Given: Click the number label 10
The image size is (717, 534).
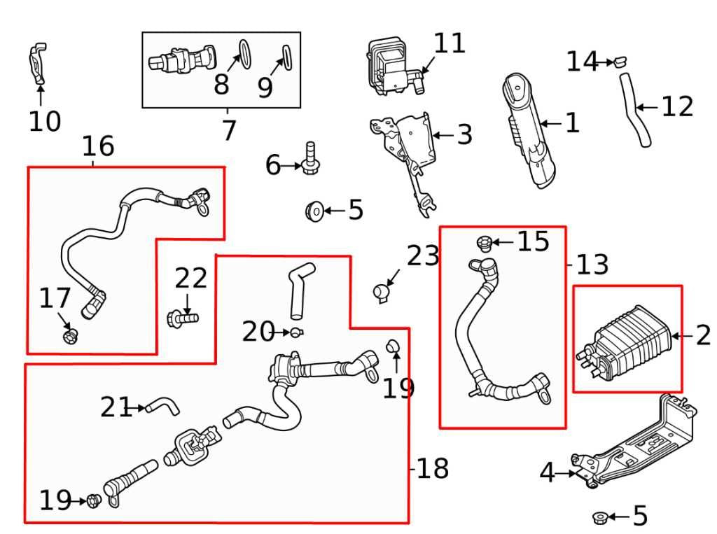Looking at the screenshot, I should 45,121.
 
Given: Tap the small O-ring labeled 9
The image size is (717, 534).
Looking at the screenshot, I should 286,55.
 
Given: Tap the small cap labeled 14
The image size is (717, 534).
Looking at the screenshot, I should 619,62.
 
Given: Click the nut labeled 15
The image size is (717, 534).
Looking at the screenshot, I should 484,243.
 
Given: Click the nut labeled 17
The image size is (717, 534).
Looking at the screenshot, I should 69,337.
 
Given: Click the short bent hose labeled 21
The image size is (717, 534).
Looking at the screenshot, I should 165,405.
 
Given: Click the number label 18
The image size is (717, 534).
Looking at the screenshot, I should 432,469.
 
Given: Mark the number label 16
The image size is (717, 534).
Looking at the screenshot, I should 98,146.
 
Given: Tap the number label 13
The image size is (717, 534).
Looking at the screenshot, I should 592,265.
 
